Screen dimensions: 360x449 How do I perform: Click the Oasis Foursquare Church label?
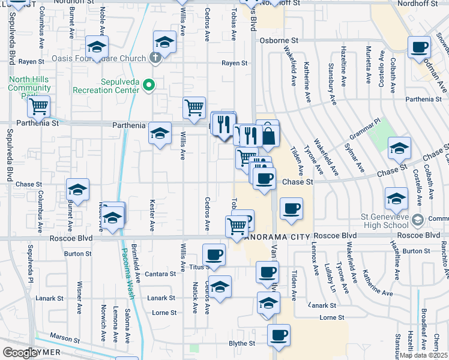coord(99,58)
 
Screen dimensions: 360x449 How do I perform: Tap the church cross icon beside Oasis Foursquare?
coord(155,58)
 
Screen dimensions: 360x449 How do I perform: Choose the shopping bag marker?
coord(268,135)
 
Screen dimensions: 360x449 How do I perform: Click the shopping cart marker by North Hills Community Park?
coord(38,107)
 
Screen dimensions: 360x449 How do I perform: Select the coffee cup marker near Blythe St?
coord(278,336)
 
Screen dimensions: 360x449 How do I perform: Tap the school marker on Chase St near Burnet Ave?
coord(77,190)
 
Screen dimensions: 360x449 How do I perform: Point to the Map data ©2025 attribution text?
coord(423,355)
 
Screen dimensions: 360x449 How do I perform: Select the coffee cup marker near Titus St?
coord(214,256)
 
